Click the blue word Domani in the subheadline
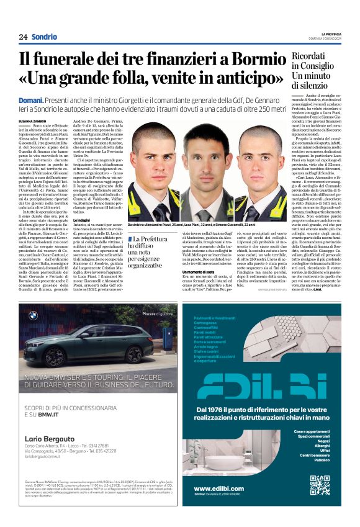pyautogui.click(x=30, y=99)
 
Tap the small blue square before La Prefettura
pyautogui.click(x=130, y=239)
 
